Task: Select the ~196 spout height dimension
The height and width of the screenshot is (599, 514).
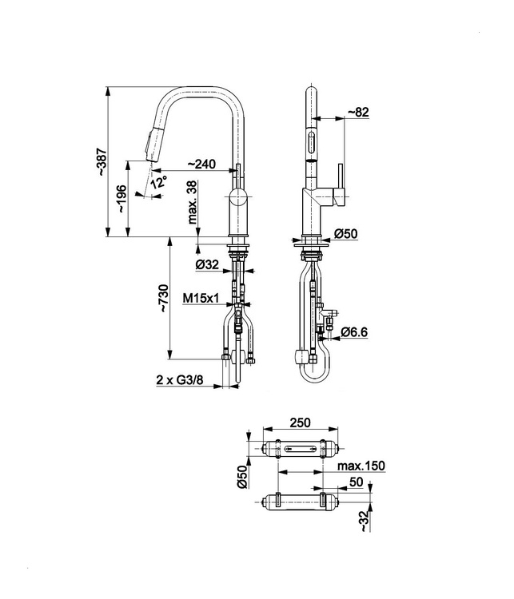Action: coord(122,199)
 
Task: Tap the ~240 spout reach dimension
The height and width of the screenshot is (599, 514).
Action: coord(201,164)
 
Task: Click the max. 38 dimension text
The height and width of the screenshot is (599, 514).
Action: coord(193,202)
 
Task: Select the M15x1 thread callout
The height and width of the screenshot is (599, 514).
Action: coord(201,298)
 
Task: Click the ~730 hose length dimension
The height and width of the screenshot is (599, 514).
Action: coord(164,298)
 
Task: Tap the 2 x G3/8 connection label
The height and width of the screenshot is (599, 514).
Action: coord(179,380)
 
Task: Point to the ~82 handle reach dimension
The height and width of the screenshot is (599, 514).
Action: coord(358,112)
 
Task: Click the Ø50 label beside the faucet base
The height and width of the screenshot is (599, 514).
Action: coord(345,233)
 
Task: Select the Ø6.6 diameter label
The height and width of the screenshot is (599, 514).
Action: coord(354,332)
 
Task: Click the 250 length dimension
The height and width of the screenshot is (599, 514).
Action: coord(301,422)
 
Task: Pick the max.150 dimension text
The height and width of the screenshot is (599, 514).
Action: coord(361,466)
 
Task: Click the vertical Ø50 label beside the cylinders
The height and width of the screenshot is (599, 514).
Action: coord(242,477)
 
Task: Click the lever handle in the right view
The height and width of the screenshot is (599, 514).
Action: coord(340,185)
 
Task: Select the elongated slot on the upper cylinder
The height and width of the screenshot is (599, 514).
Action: coord(301,448)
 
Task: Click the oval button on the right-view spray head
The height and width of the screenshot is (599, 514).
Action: coord(312,141)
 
